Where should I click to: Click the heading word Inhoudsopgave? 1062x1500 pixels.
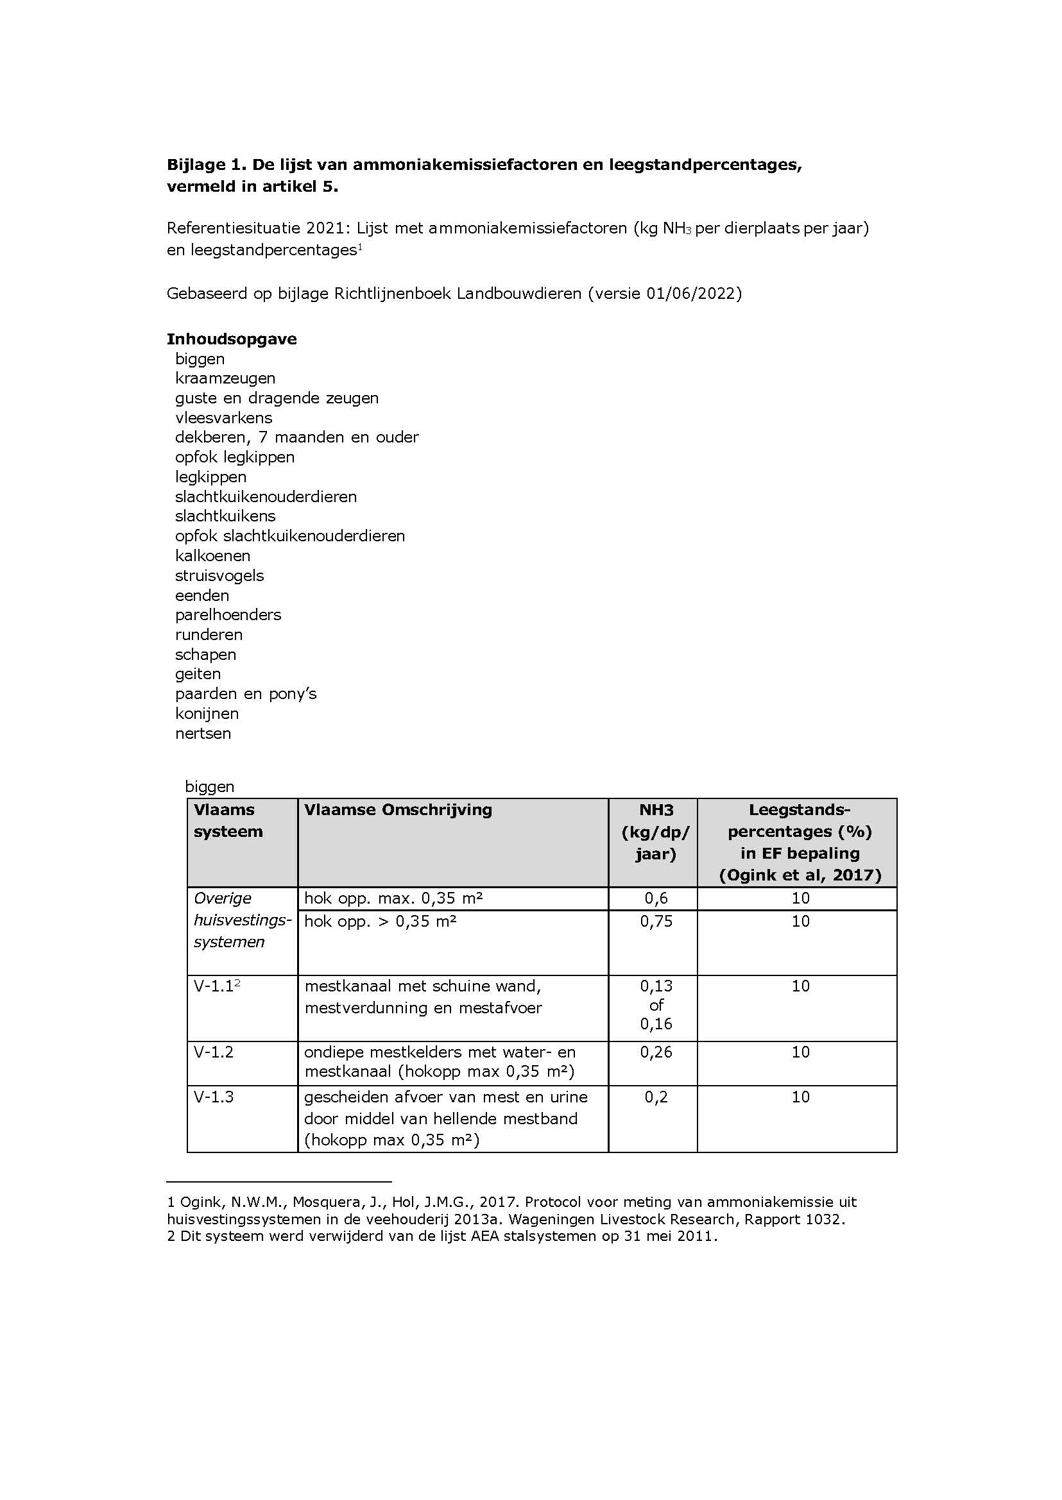click(232, 339)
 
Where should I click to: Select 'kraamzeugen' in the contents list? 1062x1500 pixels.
click(225, 378)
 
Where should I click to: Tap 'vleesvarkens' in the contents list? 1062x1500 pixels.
click(223, 417)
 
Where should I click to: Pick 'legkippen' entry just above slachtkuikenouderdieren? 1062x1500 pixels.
click(210, 476)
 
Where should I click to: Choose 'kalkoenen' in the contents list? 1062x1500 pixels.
click(212, 555)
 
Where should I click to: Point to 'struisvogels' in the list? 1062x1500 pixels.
click(219, 575)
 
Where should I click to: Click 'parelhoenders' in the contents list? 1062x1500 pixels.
click(228, 614)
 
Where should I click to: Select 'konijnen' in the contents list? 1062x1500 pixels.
click(207, 713)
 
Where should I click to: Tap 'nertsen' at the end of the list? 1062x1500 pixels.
click(203, 732)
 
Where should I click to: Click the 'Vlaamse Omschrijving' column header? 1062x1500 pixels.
click(398, 809)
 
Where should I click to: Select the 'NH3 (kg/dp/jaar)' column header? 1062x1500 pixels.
click(655, 831)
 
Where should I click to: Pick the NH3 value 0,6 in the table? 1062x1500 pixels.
click(656, 898)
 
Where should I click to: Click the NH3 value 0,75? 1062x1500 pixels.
click(656, 921)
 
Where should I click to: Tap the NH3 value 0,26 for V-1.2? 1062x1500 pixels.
click(656, 1052)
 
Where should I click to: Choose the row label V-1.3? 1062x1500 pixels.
click(213, 1097)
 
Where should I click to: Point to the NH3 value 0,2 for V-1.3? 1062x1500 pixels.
click(656, 1097)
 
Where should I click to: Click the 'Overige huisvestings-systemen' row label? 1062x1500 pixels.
click(241, 920)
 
